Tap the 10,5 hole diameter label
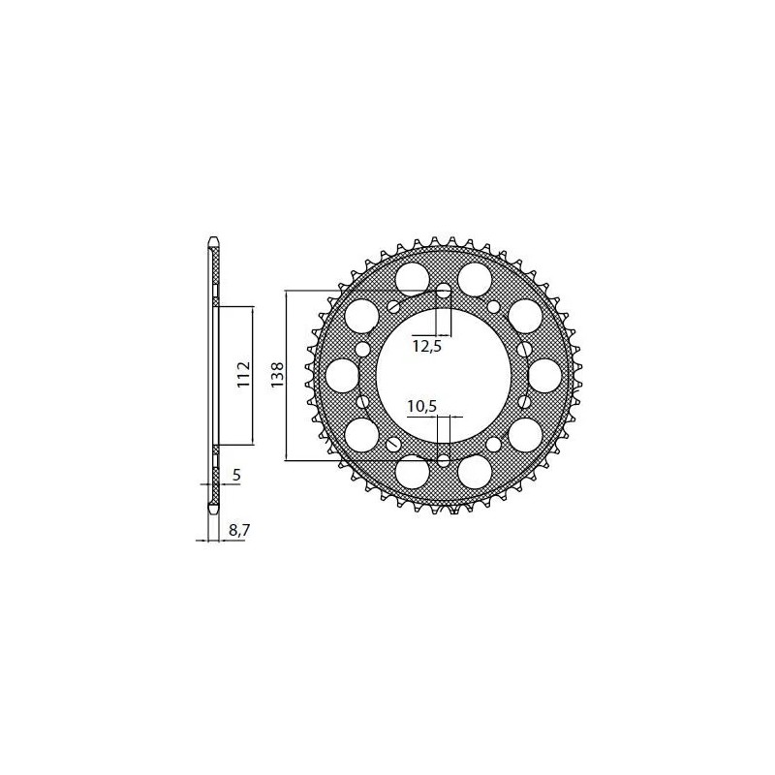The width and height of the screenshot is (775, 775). point(421,408)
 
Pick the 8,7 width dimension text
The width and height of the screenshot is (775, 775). point(238,530)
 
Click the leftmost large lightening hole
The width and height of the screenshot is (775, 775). point(343,375)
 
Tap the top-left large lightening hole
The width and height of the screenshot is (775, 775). point(361,314)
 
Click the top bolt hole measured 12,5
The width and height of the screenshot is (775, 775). point(444,291)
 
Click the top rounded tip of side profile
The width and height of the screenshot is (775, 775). point(214,239)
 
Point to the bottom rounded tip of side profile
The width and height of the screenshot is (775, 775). point(214,507)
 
